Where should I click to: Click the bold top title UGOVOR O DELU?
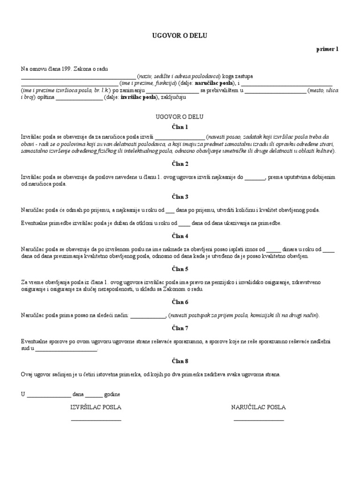coord(180,35)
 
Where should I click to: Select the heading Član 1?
coord(180,127)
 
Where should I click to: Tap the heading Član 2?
coord(180,164)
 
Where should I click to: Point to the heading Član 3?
coord(180,197)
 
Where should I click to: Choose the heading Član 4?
coord(180,236)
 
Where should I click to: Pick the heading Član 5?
coord(180,269)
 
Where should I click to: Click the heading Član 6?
coord(180,302)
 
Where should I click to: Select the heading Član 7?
coord(180,329)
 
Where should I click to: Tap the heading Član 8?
coord(180,361)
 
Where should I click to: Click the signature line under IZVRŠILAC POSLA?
coord(96,420)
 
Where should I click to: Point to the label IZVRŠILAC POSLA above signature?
coord(96,407)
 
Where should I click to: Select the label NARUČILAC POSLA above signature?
coord(258,407)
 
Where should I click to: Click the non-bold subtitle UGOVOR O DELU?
coord(180,116)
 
